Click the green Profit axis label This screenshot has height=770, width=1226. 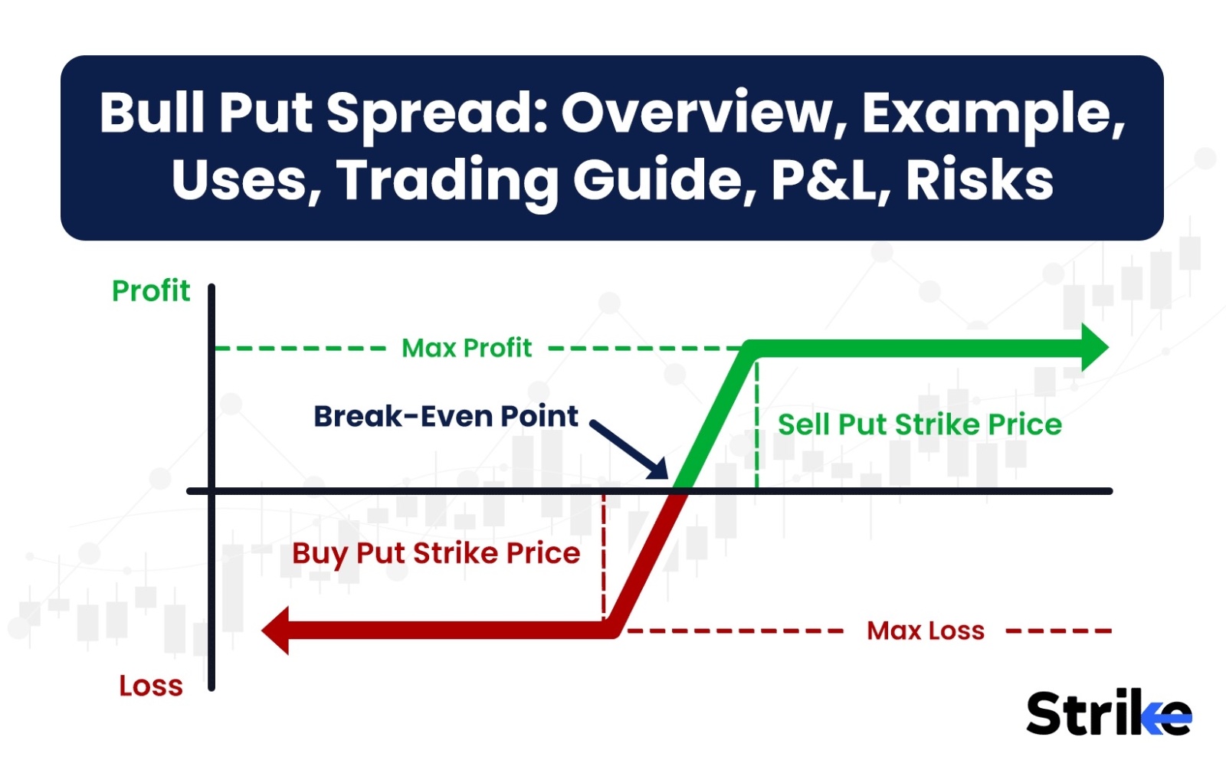point(151,290)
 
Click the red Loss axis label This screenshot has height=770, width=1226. point(151,686)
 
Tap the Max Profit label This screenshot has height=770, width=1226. point(467,348)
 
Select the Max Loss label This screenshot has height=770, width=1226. point(926,631)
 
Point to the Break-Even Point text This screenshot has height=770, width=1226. point(446,417)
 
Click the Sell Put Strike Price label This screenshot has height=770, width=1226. point(920,424)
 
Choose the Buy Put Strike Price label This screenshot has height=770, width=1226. point(436,553)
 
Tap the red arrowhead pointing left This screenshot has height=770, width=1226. point(275,631)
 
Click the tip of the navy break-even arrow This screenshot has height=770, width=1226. point(667,478)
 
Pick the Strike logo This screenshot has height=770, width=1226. point(1110,713)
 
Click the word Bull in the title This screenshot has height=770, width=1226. point(152,113)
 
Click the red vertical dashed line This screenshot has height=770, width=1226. point(603,557)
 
